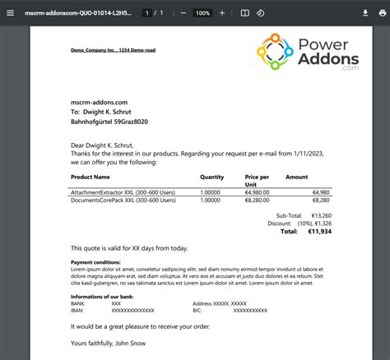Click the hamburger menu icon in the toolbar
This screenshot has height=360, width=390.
tap(10, 13)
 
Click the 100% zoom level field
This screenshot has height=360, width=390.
tap(203, 13)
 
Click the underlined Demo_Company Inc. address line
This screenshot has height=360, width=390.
tap(114, 50)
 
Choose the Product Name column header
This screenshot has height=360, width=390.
tap(91, 177)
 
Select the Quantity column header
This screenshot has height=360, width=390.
tap(211, 177)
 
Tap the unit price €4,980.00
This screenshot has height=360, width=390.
tap(257, 192)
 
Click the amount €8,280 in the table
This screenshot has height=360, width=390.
tap(321, 200)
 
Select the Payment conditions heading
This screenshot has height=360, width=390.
tap(95, 263)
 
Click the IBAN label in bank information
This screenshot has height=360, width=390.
tap(78, 310)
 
